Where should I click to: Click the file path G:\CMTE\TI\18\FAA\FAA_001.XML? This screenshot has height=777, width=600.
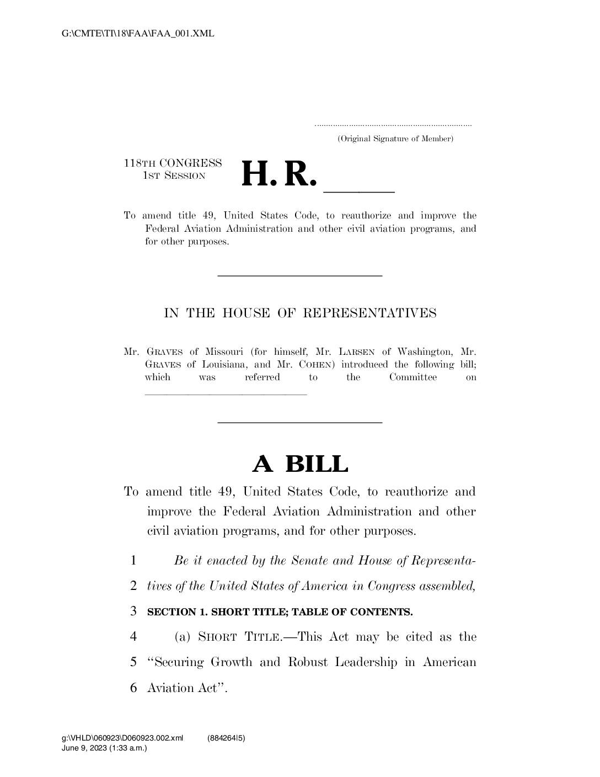pos(138,34)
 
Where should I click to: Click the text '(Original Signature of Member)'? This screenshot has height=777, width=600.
pos(395,139)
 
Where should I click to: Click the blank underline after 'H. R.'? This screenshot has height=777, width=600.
pos(359,190)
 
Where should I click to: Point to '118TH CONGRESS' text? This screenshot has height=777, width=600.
pos(173,163)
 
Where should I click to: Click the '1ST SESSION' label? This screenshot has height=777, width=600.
pos(174,176)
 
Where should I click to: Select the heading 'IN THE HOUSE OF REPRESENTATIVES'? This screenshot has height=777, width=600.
pos(300,313)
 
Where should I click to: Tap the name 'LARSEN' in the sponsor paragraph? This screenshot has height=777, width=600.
pos(356,352)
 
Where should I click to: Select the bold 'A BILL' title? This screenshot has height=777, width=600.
pos(300,464)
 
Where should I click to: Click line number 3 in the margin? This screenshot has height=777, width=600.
pos(133,611)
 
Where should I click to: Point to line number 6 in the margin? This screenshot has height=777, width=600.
pos(133,688)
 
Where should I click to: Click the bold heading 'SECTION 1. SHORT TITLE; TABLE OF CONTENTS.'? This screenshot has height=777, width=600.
pos(280,612)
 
